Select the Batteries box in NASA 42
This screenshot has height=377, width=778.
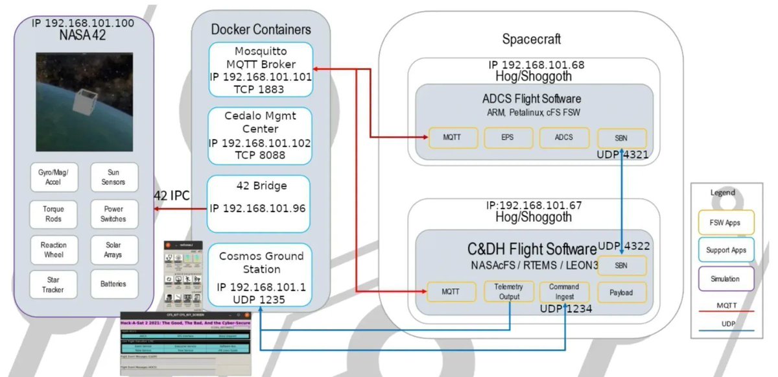113,284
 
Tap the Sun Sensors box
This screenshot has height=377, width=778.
113,177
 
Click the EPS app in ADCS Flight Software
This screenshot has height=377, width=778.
508,138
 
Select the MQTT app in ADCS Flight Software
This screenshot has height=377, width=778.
453,138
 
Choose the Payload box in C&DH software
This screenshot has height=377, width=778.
621,291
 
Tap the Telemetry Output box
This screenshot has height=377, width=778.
508,291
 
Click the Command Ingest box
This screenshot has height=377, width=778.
564,291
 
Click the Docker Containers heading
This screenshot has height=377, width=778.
261,29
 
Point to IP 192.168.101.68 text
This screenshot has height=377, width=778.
536,66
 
